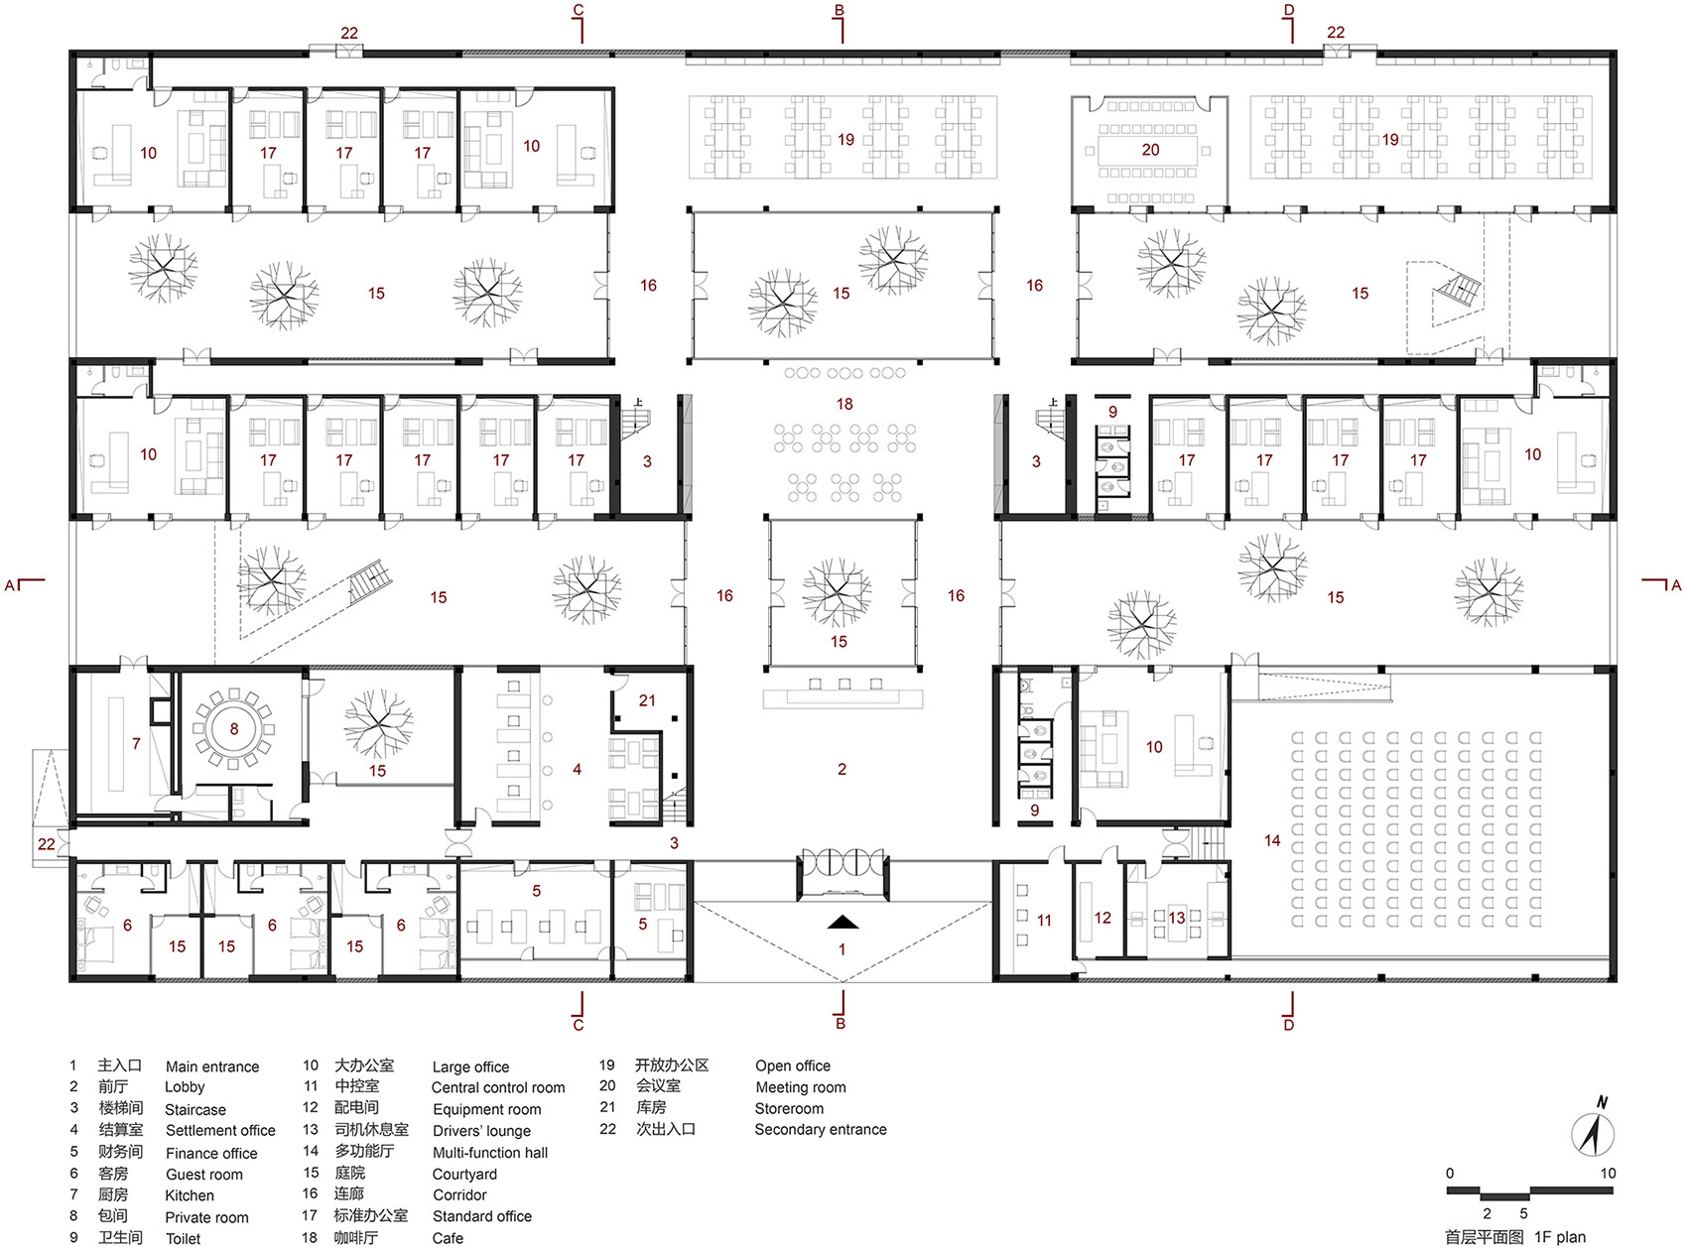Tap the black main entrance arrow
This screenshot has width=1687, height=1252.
[x=842, y=922]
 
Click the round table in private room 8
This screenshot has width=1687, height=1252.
[x=234, y=728]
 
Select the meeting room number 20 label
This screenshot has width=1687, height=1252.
[x=1150, y=150]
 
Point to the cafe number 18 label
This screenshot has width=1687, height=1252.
[x=844, y=404]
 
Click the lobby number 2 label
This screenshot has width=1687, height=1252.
[x=842, y=769]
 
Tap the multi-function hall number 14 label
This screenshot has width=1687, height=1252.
[x=1272, y=840]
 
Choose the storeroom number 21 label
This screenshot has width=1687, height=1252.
[x=647, y=700]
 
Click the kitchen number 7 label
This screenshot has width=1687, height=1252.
[x=136, y=743]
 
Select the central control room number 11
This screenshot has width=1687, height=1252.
[x=1044, y=921]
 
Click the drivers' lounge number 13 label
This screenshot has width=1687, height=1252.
[x=1176, y=918]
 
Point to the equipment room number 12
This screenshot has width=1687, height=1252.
[x=1103, y=918]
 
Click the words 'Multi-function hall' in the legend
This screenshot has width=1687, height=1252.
[x=490, y=1153]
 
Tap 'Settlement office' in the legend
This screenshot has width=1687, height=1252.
[x=220, y=1131]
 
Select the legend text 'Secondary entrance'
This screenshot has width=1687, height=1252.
[x=821, y=1130]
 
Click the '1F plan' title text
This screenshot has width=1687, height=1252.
[x=1560, y=1237]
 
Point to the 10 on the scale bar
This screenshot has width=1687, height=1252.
[x=1608, y=1174]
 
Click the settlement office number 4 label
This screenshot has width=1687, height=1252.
[x=577, y=769]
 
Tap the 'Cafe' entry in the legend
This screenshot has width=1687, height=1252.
[x=448, y=1238]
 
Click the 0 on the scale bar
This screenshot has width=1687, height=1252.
[x=1450, y=1174]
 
